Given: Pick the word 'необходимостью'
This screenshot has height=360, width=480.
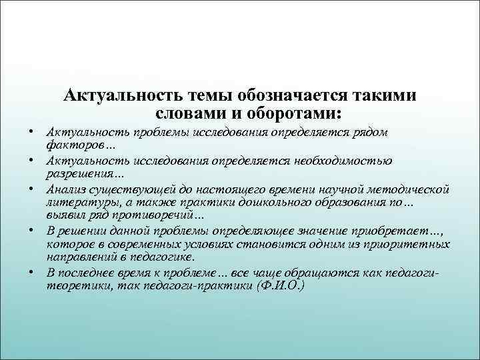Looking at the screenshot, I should pos(339,161).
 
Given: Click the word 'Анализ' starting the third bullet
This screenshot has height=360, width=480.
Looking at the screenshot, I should pos(66,189).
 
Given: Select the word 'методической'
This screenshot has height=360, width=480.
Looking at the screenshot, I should pos(409,189).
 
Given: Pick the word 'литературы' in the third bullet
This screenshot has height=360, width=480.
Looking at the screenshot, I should pos(80,202).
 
